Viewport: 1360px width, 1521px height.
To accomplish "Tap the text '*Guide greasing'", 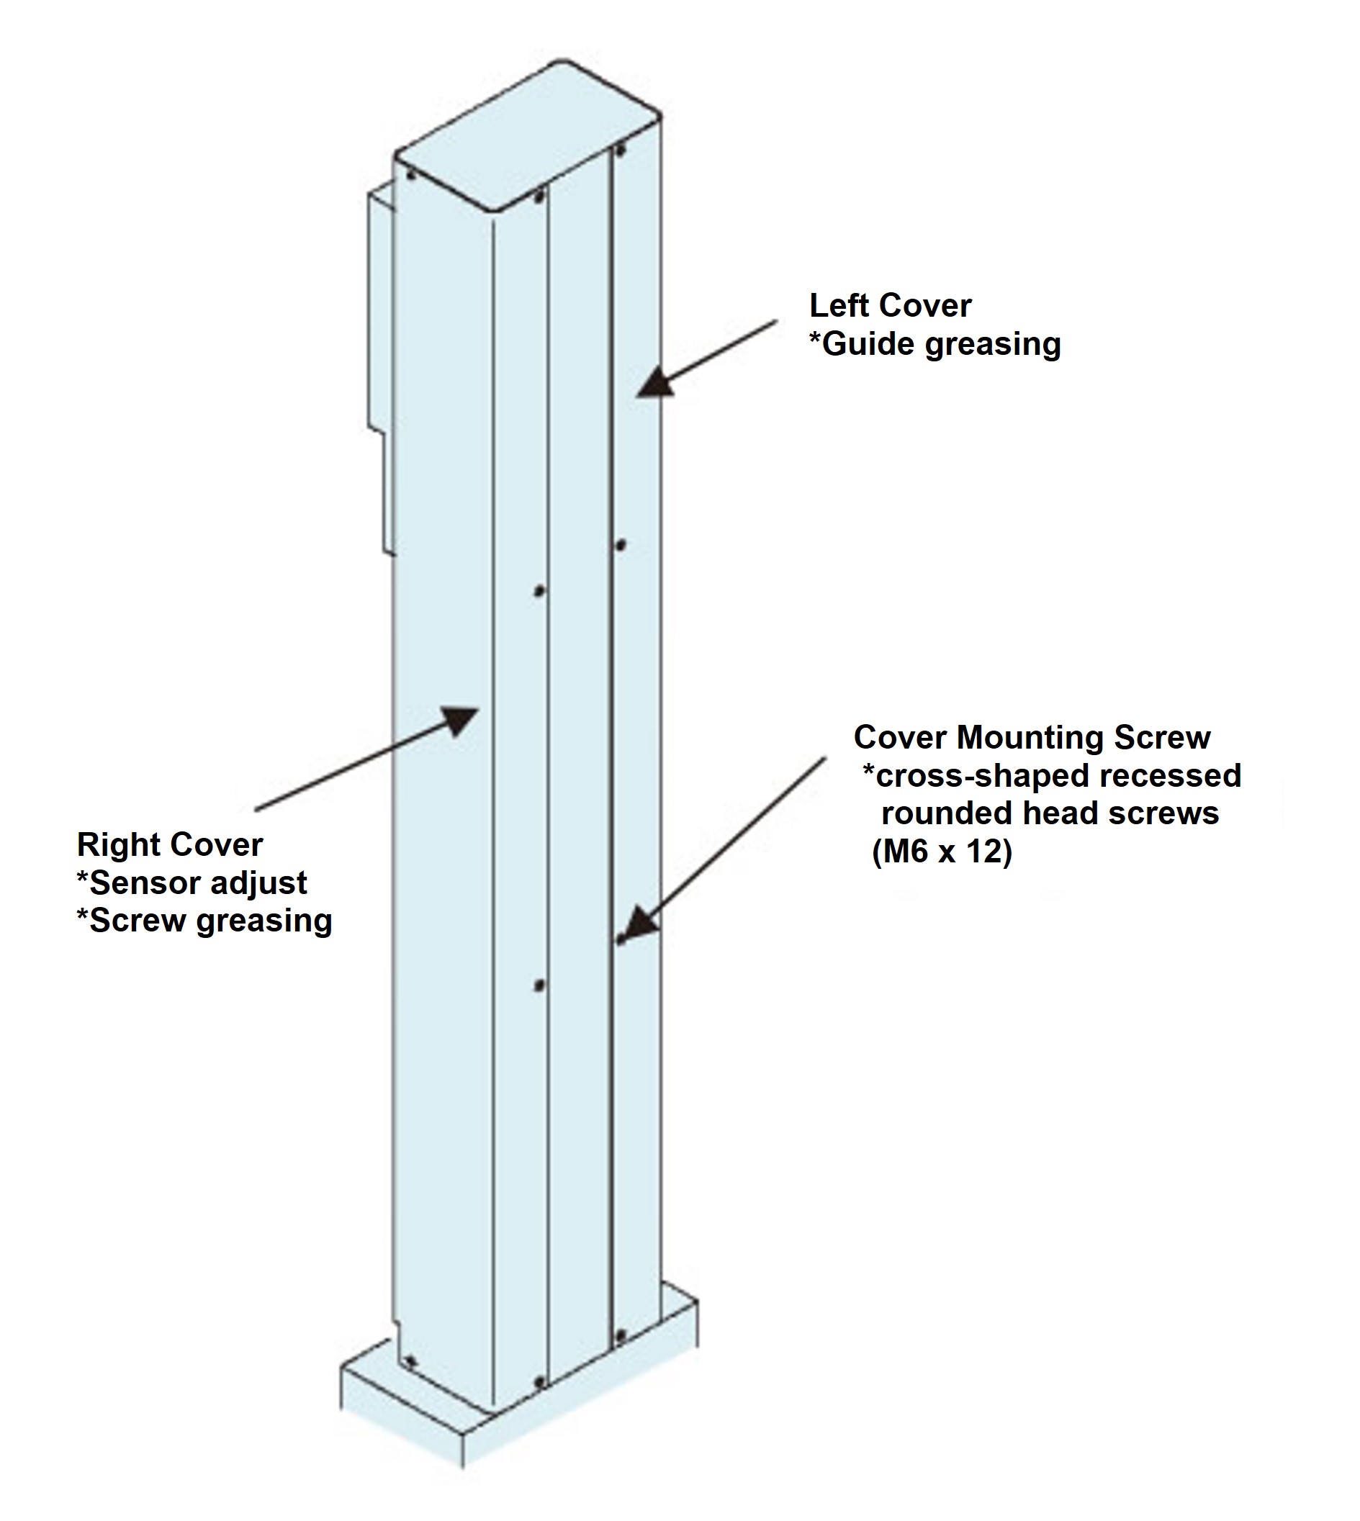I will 935,344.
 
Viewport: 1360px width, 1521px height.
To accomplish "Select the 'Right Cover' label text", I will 170,845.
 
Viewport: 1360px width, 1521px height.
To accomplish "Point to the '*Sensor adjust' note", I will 192,883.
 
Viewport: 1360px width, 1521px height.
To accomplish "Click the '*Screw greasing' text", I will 204,921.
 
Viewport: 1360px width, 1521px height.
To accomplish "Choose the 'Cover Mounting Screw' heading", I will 1032,737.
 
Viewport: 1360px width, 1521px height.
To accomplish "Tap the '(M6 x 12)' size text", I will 942,852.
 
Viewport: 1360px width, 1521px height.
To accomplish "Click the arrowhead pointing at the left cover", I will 655,382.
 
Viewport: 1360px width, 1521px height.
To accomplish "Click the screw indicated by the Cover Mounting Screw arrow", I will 619,940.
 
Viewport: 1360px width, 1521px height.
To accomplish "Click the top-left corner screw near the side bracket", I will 410,176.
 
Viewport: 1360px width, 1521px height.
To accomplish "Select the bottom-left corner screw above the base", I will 409,1362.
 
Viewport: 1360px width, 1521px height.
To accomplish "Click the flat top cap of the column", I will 528,135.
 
